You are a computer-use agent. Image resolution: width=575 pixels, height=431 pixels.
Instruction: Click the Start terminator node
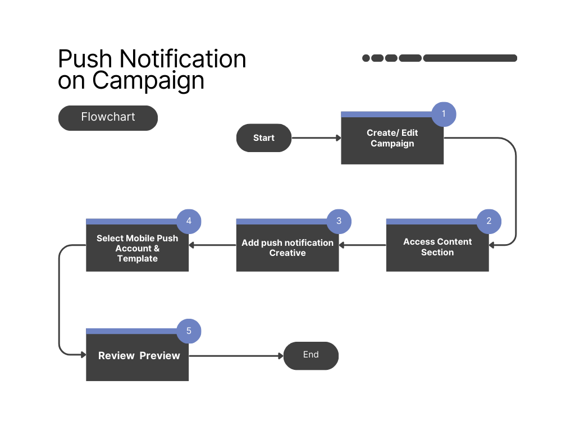pyautogui.click(x=264, y=138)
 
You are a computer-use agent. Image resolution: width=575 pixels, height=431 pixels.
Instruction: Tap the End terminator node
pyautogui.click(x=311, y=355)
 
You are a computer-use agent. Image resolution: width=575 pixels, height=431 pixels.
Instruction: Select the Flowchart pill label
pyautogui.click(x=108, y=118)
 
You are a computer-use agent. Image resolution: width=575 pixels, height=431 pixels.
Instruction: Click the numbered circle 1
pyautogui.click(x=444, y=114)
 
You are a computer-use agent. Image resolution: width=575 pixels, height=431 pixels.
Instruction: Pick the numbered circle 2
pyautogui.click(x=489, y=221)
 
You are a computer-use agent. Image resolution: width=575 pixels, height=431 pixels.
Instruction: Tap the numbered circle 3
pyautogui.click(x=339, y=221)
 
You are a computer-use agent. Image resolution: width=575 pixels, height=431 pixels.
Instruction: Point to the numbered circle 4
pyautogui.click(x=189, y=221)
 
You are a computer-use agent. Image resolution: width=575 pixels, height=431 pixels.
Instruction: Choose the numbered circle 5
pyautogui.click(x=189, y=331)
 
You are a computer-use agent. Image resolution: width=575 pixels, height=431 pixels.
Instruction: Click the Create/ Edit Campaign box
pyautogui.click(x=393, y=138)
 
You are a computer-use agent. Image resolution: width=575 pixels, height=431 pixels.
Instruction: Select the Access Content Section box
pyautogui.click(x=437, y=245)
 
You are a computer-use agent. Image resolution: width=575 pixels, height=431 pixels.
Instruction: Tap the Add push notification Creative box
pyautogui.click(x=287, y=245)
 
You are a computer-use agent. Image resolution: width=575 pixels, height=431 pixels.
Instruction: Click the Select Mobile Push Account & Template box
pyautogui.click(x=138, y=245)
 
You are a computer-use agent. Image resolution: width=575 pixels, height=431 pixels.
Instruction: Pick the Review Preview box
pyautogui.click(x=138, y=355)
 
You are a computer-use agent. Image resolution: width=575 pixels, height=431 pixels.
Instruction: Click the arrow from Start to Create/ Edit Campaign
pyautogui.click(x=317, y=138)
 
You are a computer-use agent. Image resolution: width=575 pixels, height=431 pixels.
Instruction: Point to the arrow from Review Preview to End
pyautogui.click(x=236, y=355)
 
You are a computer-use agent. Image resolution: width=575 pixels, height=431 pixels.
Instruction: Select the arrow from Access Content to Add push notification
pyautogui.click(x=363, y=245)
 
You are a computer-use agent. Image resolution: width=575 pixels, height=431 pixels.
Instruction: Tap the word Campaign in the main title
pyautogui.click(x=148, y=81)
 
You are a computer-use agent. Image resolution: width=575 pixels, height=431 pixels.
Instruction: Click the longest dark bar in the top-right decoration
pyautogui.click(x=470, y=58)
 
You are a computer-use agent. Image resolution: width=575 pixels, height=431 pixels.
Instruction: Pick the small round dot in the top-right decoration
pyautogui.click(x=366, y=58)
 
